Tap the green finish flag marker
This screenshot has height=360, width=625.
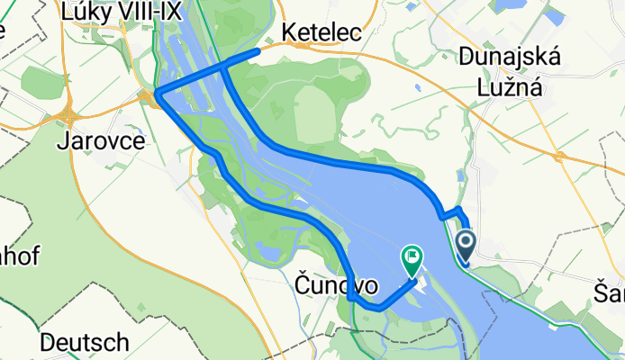412,259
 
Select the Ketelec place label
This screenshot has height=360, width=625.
322,32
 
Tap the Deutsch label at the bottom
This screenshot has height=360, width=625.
85,343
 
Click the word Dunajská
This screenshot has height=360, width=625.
510,58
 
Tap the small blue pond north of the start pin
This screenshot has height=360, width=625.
462,177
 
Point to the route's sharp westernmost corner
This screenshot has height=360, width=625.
157,93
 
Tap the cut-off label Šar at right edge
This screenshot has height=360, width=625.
610,293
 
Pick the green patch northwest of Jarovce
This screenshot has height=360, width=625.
43,83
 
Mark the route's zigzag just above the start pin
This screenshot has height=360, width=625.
450,212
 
